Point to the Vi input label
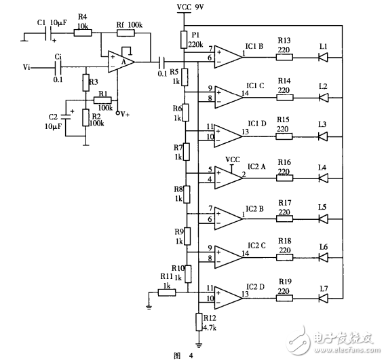click(x=26, y=67)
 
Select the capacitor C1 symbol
click(x=47, y=33)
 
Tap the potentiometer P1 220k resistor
click(x=183, y=38)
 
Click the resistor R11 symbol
click(x=167, y=292)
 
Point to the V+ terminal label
click(x=123, y=113)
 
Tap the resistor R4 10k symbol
click(x=82, y=33)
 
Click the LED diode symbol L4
click(x=324, y=176)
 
